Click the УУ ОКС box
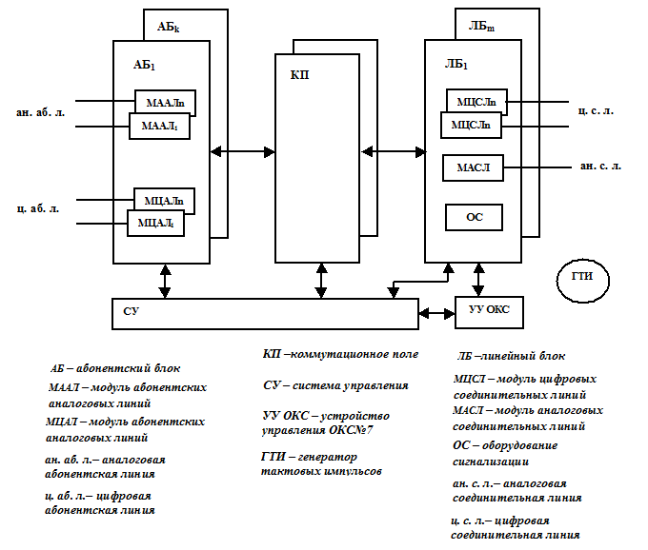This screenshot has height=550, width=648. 489,312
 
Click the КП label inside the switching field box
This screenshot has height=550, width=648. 299,75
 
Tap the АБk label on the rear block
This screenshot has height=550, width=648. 169,28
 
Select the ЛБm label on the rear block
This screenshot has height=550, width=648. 481,27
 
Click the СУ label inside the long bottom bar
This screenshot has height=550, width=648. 131,311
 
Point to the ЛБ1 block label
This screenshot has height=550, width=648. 456,65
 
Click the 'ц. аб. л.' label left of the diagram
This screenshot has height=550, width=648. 38,208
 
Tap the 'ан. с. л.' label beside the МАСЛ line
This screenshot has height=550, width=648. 600,166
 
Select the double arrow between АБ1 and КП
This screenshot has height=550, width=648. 243,152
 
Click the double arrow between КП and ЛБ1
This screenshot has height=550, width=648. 394,152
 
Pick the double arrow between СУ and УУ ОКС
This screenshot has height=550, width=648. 436,314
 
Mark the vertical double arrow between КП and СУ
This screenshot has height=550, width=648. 321,281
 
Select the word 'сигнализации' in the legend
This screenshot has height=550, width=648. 491,462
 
